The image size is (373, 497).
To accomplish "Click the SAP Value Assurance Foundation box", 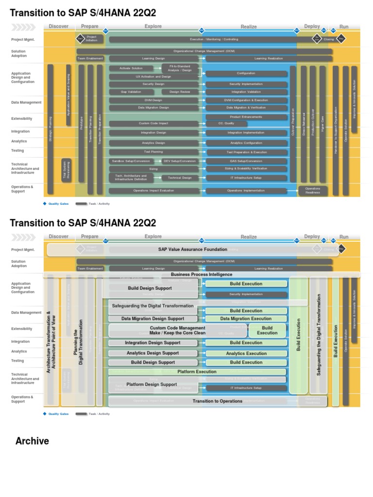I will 192,249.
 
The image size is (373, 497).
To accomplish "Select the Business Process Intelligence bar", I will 202,274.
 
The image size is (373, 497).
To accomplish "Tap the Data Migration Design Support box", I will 153,319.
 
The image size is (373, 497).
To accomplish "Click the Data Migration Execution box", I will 246,319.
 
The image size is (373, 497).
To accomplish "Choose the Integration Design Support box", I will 153,343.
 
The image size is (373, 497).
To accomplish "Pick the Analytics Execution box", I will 246,353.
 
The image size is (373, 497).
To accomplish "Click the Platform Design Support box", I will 152,384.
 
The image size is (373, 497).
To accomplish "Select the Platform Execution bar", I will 197,372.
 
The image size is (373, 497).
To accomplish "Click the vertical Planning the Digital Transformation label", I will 78,342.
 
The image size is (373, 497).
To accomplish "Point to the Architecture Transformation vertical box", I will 51,342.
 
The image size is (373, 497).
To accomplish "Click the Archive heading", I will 32,441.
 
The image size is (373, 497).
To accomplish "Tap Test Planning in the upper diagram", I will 153,152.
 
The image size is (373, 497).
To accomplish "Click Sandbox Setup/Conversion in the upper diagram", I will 131,161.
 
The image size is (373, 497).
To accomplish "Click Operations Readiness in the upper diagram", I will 312,191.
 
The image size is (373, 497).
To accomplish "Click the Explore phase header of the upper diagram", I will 153,26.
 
